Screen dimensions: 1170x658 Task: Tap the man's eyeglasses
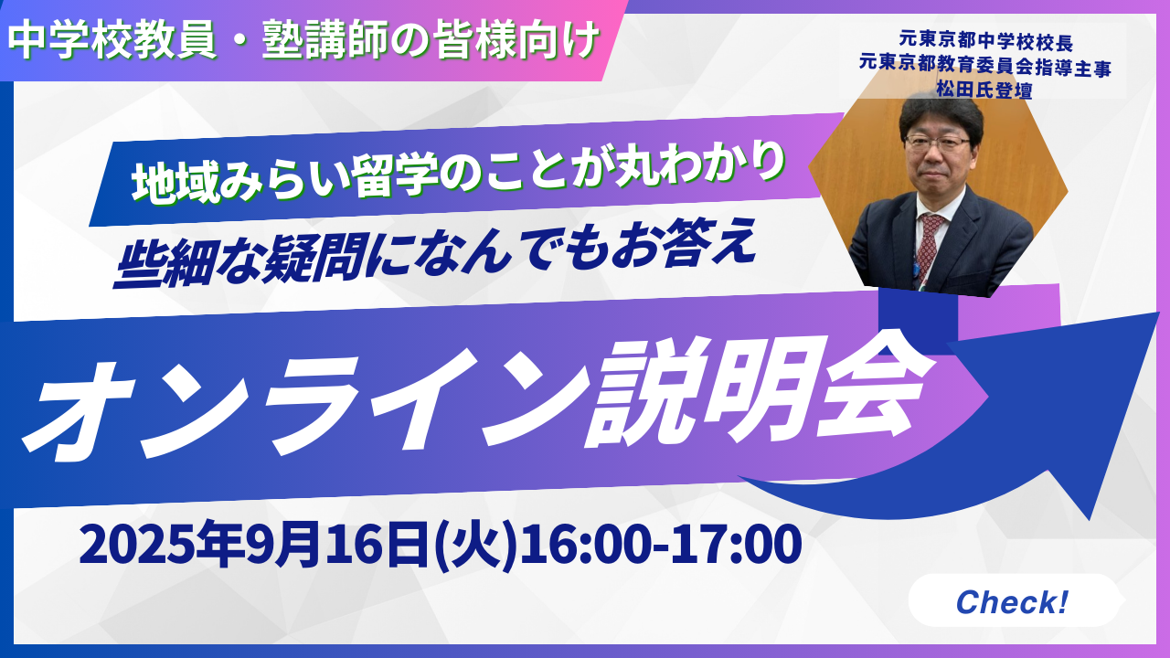[936, 142]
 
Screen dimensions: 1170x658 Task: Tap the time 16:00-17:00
[660, 544]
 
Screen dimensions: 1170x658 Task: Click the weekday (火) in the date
[475, 547]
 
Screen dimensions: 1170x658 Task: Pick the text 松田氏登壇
[984, 90]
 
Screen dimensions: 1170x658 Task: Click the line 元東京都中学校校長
[986, 42]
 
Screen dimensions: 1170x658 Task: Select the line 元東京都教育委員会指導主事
[985, 66]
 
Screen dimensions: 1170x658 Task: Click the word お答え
[686, 246]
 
